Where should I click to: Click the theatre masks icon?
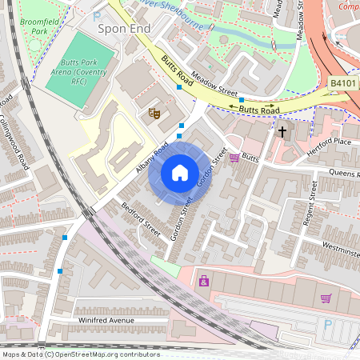(154, 114)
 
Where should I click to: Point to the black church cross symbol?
(282, 130)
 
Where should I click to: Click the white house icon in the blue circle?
(179, 172)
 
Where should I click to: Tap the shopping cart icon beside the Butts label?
(234, 158)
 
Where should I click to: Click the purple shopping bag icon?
(205, 281)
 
